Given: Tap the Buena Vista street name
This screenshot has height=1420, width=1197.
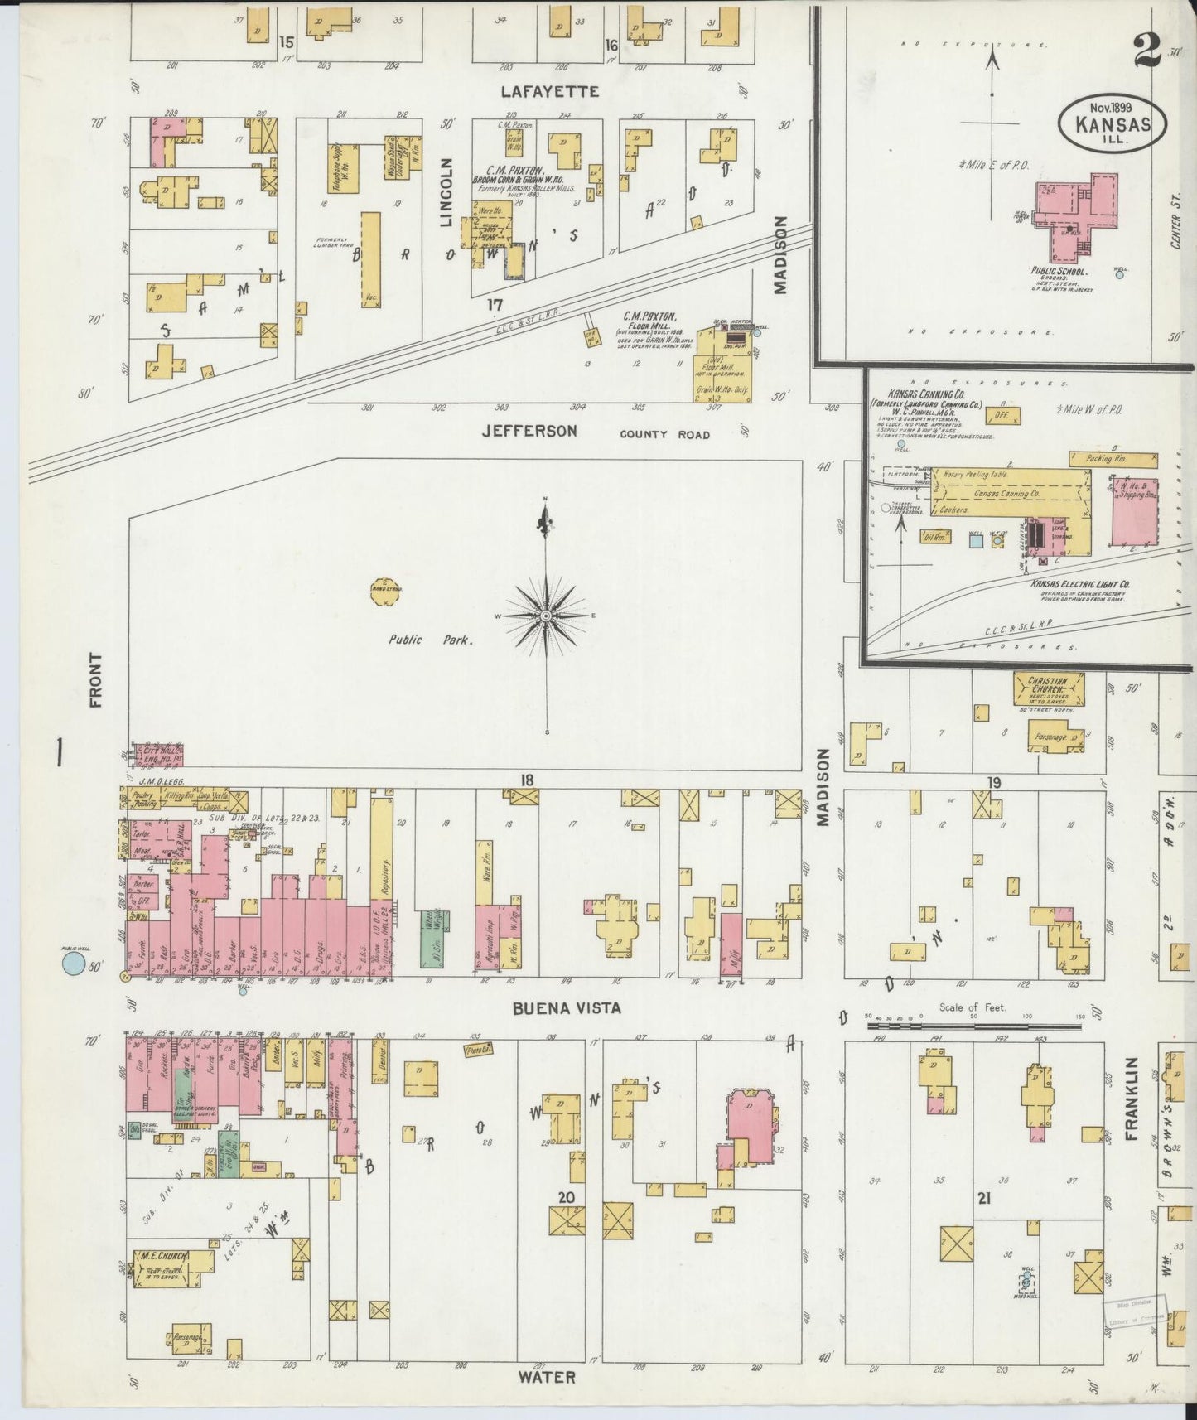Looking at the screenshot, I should [x=565, y=1007].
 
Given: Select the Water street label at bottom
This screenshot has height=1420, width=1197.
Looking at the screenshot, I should [x=546, y=1377].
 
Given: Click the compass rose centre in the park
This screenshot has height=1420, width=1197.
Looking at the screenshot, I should [x=546, y=616].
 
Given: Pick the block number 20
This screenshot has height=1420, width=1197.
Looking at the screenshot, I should [x=566, y=1196].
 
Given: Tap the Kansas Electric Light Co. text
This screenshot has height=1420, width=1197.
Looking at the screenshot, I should [x=1080, y=584].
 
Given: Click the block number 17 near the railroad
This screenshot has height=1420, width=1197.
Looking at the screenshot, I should [x=495, y=305].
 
